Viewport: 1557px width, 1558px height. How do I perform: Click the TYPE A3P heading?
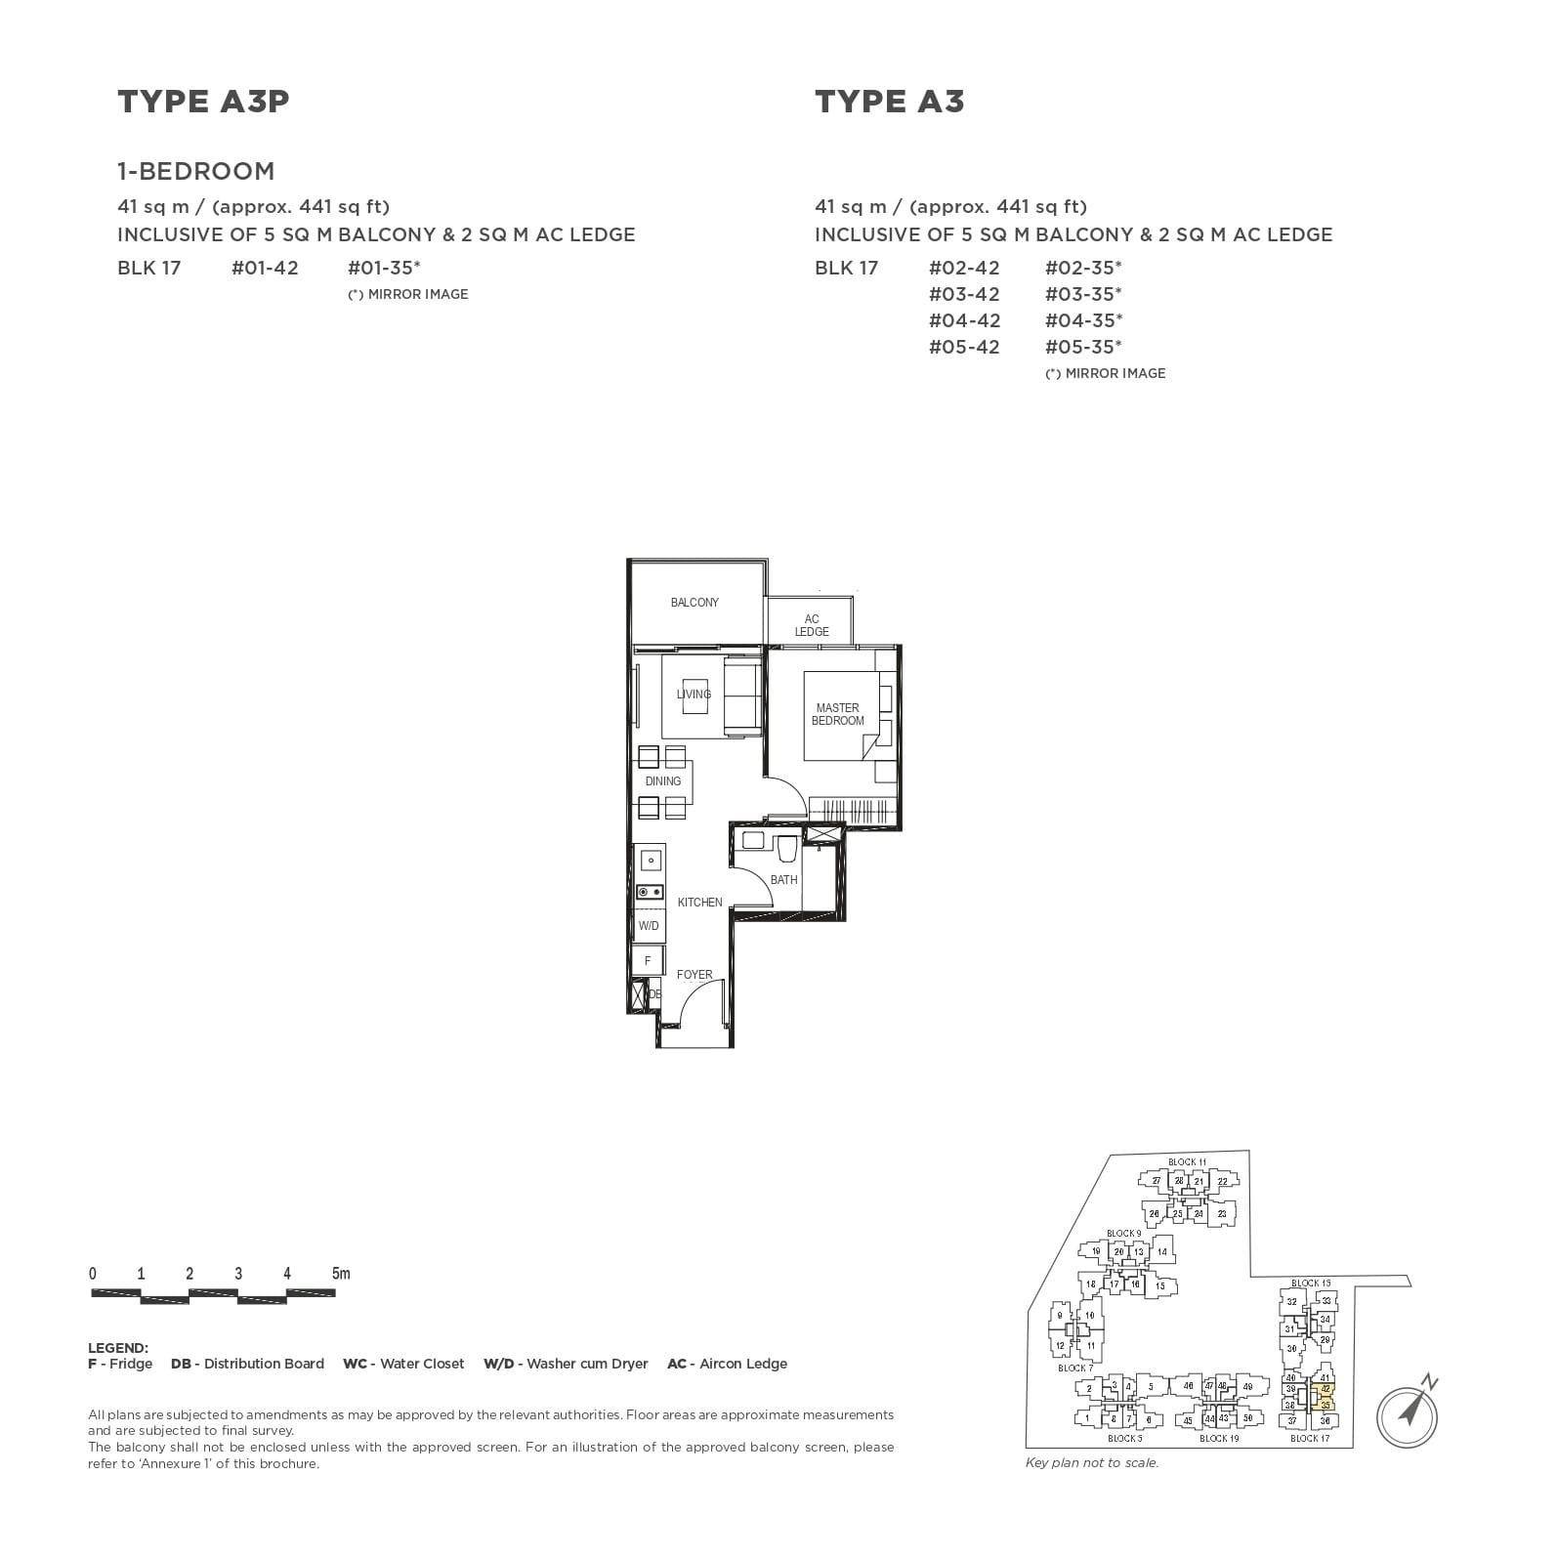pyautogui.click(x=203, y=102)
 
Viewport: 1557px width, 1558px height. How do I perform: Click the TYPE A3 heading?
pyautogui.click(x=889, y=102)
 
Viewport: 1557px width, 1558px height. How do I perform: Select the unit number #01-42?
pyautogui.click(x=265, y=268)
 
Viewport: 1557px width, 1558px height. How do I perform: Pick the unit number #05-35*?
pyautogui.click(x=1082, y=347)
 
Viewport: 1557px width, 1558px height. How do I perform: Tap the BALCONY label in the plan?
pyautogui.click(x=694, y=603)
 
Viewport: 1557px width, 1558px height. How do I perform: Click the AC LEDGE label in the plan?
pyautogui.click(x=812, y=625)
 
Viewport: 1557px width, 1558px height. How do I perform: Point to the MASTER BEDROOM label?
pyautogui.click(x=837, y=714)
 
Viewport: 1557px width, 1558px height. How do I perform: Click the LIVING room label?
pyautogui.click(x=694, y=695)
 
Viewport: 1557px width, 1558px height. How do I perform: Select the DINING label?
pyautogui.click(x=663, y=781)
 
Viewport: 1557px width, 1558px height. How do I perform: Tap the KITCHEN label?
pyautogui.click(x=699, y=903)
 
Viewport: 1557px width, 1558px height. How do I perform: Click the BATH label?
pyautogui.click(x=783, y=880)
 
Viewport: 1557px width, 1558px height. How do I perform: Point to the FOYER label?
pyautogui.click(x=694, y=975)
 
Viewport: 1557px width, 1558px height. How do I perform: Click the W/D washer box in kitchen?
pyautogui.click(x=649, y=925)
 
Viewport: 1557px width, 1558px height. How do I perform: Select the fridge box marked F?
pyautogui.click(x=648, y=960)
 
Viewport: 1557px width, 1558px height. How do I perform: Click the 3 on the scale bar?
pyautogui.click(x=238, y=1274)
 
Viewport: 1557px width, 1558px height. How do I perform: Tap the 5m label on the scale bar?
pyautogui.click(x=340, y=1274)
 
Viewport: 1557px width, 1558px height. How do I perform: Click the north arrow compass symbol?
pyautogui.click(x=1408, y=1411)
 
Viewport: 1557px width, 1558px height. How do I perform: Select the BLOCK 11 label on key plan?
pyautogui.click(x=1187, y=1162)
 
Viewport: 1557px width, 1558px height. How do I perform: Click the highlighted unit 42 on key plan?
pyautogui.click(x=1326, y=1389)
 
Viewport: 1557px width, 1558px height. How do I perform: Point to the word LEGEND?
pyautogui.click(x=118, y=1348)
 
